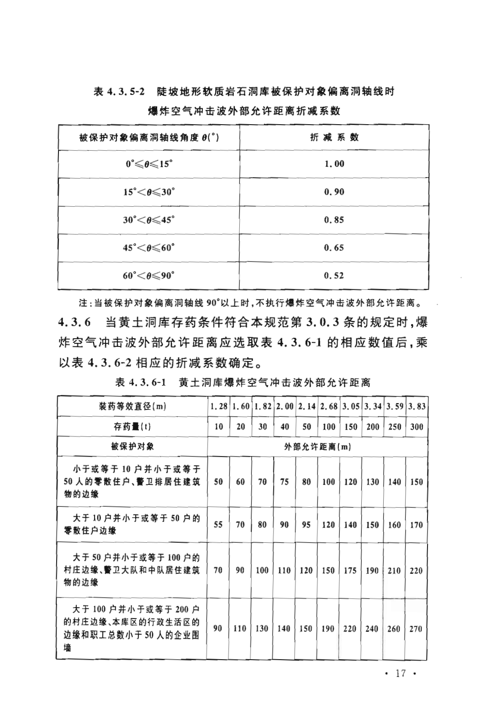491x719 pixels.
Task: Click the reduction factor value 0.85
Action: point(334,220)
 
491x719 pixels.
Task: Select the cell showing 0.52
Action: point(334,275)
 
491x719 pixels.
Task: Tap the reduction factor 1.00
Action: point(334,164)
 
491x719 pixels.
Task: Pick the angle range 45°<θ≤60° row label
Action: point(148,247)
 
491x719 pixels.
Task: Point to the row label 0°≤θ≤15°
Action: point(148,164)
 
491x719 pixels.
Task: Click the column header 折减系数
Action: point(334,137)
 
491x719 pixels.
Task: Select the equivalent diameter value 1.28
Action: point(219,406)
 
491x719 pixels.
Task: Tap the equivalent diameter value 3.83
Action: point(417,406)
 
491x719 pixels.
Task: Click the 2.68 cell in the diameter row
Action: point(328,406)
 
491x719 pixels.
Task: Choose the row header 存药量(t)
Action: point(132,426)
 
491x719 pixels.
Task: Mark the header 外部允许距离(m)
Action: point(317,446)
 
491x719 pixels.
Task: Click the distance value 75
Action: point(284,481)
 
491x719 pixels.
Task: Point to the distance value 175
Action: point(350,570)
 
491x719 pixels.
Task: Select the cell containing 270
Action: point(416,628)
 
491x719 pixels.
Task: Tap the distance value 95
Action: point(306,525)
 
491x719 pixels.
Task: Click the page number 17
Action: point(401,673)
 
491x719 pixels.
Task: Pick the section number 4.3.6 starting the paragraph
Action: point(75,322)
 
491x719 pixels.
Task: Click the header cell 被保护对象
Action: point(132,446)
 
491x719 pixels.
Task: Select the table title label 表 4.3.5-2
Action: point(119,91)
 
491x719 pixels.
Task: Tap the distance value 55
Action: point(218,525)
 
